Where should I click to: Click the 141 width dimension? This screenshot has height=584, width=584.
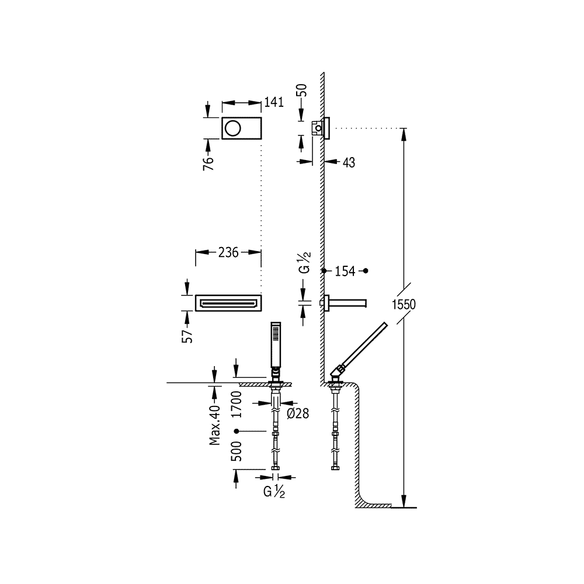click(273, 102)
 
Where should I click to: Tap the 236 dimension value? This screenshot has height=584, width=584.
click(227, 252)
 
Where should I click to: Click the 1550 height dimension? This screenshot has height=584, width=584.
click(404, 304)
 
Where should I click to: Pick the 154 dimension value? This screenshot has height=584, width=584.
click(345, 272)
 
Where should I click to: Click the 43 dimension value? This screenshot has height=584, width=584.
click(349, 161)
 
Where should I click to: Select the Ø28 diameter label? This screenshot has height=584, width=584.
click(298, 413)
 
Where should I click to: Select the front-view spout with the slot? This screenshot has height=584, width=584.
click(228, 303)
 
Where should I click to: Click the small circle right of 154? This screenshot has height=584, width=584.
click(367, 272)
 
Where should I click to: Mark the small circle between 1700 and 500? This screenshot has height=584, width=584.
click(237, 431)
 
